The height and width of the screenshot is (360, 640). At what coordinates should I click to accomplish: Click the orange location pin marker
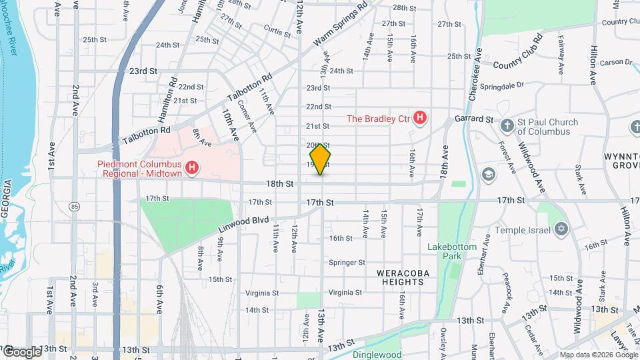coord(321,159)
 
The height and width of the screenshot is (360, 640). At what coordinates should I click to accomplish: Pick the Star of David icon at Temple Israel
coord(561,230)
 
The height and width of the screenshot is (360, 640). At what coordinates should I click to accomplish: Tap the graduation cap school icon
coord(489,174)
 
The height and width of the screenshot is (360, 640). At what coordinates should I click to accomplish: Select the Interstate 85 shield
coord(74,207)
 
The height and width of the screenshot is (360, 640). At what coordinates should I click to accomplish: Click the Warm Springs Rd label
coord(341,24)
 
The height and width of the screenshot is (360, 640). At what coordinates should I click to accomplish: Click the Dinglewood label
coord(377,355)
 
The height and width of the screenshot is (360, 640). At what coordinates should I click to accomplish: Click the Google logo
coord(21,351)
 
